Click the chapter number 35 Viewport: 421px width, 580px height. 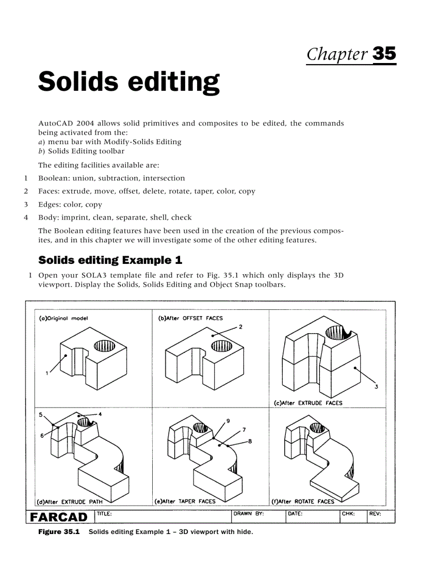pyautogui.click(x=383, y=53)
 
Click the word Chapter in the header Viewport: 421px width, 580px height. pyautogui.click(x=337, y=54)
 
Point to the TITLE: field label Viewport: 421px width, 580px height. pyautogui.click(x=104, y=514)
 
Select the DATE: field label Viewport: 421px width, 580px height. pyautogui.click(x=295, y=514)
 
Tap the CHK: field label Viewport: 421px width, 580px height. pyautogui.click(x=348, y=514)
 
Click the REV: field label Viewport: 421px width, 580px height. pyautogui.click(x=375, y=514)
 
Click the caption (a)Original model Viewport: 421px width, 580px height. pyautogui.click(x=63, y=318)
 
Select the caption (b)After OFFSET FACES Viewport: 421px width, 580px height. pyautogui.click(x=190, y=318)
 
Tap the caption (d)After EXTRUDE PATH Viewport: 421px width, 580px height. pyautogui.click(x=70, y=501)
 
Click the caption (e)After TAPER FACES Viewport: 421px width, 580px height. pyautogui.click(x=185, y=501)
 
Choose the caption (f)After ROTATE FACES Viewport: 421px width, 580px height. pyautogui.click(x=302, y=501)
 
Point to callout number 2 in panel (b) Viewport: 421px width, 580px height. pyautogui.click(x=240, y=327)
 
